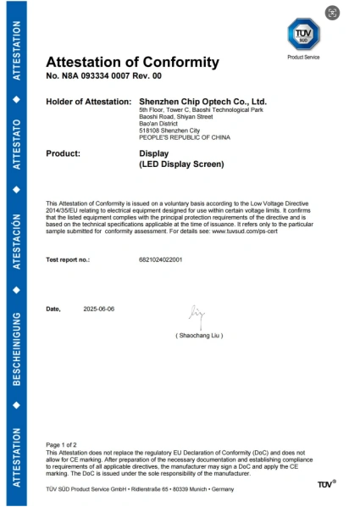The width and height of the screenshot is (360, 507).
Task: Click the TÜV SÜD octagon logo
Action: [304, 34]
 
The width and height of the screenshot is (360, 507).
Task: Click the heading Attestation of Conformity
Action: [131, 62]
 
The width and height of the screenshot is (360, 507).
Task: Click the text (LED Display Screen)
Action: [180, 164]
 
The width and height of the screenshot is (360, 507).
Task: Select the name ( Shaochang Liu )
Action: [200, 336]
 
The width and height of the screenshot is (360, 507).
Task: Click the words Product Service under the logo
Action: [304, 57]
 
